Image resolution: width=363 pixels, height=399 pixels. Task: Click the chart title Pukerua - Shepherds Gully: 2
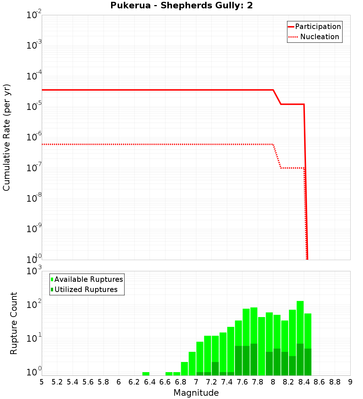point(181,6)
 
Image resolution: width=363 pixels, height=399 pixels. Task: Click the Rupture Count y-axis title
point(14,323)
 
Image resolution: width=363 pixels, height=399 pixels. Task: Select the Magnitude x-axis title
point(196,393)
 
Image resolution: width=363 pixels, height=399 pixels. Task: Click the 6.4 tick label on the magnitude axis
point(150,382)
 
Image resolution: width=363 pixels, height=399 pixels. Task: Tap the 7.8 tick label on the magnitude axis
point(258,382)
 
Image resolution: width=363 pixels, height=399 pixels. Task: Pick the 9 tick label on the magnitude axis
point(350,382)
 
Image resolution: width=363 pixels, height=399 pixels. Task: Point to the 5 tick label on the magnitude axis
point(42,382)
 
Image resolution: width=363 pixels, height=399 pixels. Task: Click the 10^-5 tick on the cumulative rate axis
point(34,107)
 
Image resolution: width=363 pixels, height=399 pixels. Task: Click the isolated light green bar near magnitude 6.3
point(146,374)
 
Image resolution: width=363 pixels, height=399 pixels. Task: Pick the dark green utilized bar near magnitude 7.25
point(215,369)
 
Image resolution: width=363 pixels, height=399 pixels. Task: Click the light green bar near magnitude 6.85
point(184,369)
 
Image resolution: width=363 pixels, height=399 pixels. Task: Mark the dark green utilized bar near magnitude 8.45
point(308,362)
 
